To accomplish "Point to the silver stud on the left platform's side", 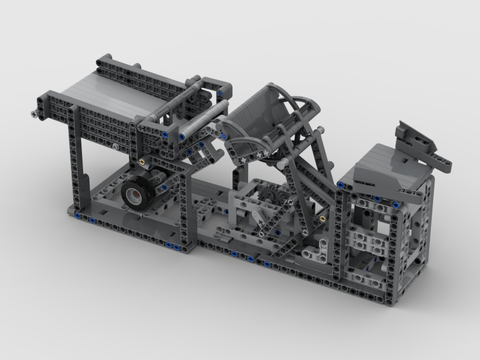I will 116,146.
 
